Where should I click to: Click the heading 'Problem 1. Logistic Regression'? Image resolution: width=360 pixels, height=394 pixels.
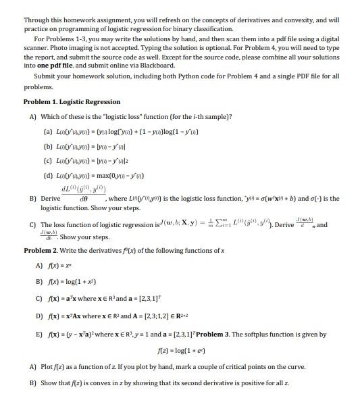coord(72,102)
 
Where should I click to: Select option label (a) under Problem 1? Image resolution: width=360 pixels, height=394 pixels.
coord(48,130)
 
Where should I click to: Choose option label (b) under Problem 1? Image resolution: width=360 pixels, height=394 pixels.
coord(48,145)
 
